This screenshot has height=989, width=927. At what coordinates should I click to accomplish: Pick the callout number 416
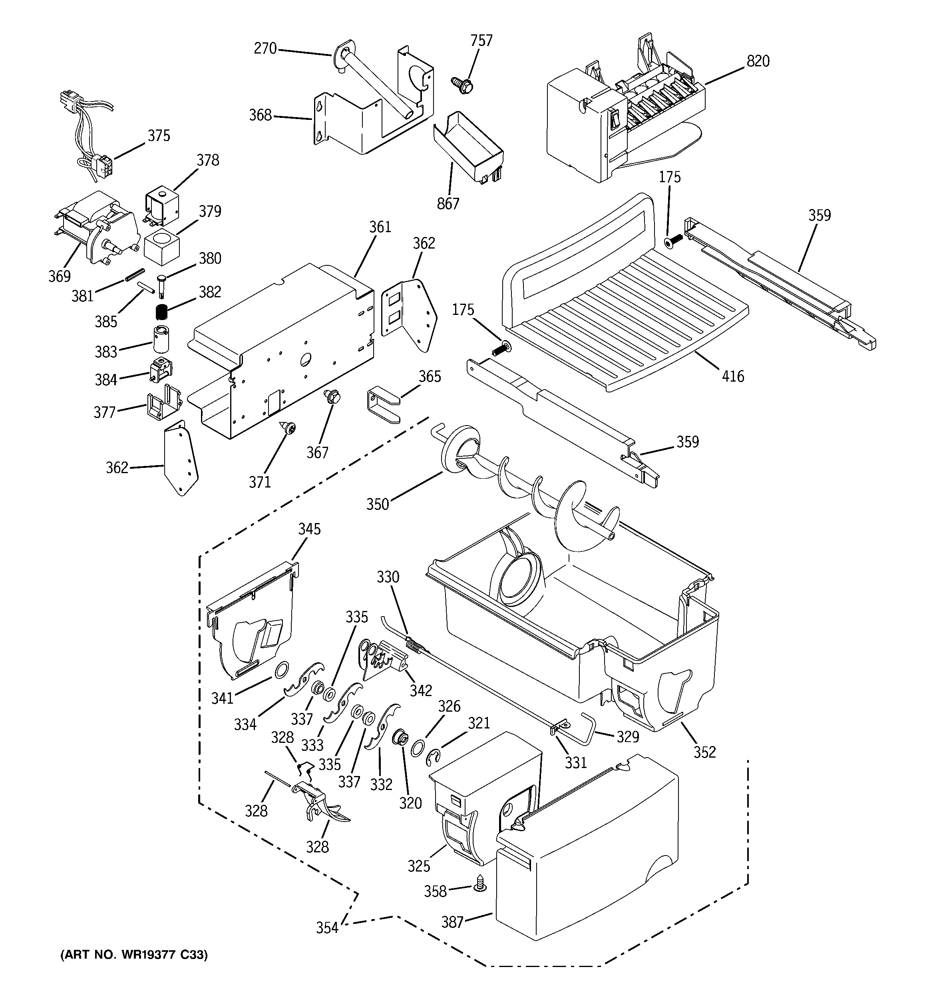pyautogui.click(x=733, y=376)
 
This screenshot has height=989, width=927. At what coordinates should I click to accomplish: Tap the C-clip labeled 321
pyautogui.click(x=434, y=758)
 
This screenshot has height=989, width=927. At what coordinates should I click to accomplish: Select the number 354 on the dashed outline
pyautogui.click(x=327, y=928)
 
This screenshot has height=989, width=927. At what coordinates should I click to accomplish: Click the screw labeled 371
pyautogui.click(x=288, y=427)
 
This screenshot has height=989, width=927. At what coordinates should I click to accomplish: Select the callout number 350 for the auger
pyautogui.click(x=377, y=504)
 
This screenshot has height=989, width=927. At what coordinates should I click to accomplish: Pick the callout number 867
pyautogui.click(x=448, y=203)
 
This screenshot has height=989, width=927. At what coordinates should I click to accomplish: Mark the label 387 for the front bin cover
pyautogui.click(x=452, y=922)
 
